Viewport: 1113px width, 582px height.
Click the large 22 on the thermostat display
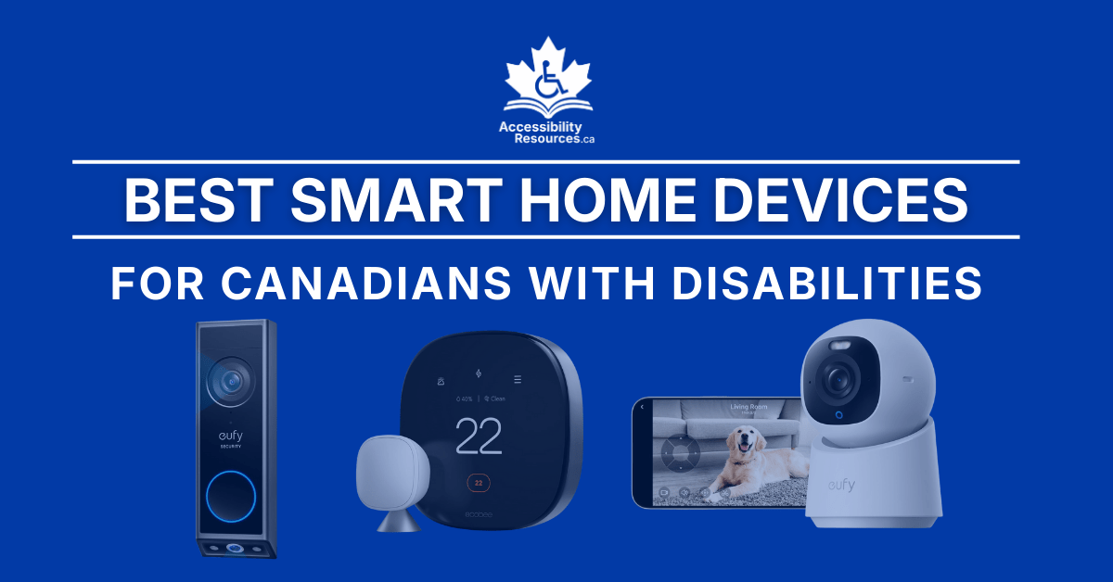479,435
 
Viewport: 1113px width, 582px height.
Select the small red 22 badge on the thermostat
479,484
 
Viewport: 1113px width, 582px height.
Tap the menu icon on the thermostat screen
518,379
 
